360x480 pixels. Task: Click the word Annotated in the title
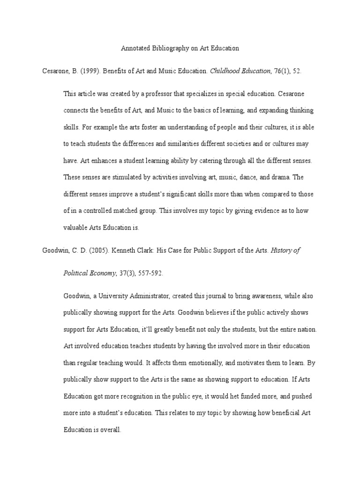135,48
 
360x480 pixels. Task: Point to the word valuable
76,228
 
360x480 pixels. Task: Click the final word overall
109,429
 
